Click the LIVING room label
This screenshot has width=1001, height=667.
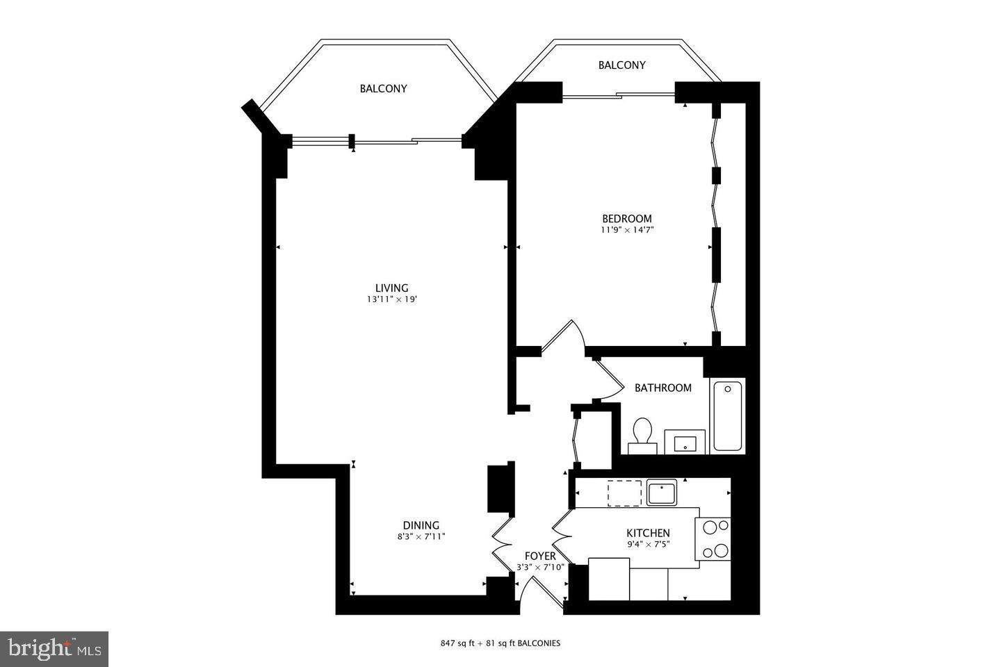391,288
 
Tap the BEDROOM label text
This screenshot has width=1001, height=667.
626,218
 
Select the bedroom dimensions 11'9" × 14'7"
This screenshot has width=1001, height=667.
628,230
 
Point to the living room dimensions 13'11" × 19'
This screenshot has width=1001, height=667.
391,300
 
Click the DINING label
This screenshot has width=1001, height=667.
421,525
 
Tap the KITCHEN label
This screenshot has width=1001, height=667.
648,533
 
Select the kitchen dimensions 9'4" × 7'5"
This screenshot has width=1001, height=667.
648,545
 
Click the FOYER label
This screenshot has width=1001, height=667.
540,556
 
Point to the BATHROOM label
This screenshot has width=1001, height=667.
662,388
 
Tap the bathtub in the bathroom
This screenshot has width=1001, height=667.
727,415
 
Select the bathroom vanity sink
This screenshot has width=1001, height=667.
685,442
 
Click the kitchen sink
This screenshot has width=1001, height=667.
661,493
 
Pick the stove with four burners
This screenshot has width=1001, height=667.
715,539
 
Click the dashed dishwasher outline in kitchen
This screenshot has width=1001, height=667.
624,493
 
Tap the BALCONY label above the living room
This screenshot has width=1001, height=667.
383,88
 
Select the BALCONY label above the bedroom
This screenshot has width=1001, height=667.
621,65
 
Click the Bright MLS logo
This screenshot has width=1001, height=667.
54,649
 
